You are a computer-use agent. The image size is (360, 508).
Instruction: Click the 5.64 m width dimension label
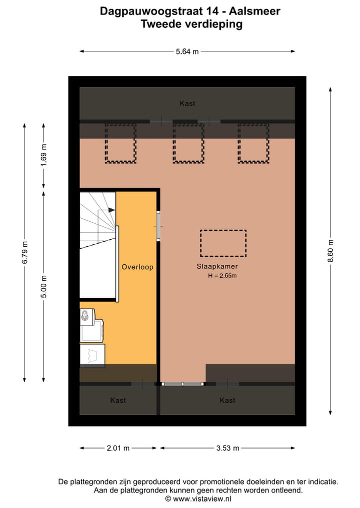tap(187, 51)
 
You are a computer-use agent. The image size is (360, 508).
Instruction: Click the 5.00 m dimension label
tap(43, 287)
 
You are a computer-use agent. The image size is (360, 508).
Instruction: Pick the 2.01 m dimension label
tap(118, 448)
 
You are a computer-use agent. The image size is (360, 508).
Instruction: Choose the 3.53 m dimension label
tap(227, 448)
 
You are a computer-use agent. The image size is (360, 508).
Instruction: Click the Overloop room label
tap(137, 267)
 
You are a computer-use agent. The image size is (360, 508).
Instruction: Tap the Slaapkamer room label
tap(217, 267)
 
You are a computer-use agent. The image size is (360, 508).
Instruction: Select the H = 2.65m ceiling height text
tap(222, 276)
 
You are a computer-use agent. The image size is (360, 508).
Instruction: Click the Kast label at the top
tap(187, 103)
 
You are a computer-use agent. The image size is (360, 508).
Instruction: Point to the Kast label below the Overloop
tap(118, 400)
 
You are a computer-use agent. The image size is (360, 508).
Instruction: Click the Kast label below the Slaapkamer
tap(227, 400)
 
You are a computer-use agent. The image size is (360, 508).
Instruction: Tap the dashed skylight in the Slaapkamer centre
tap(223, 242)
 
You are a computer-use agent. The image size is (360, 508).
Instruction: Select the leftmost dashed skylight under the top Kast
tap(120, 143)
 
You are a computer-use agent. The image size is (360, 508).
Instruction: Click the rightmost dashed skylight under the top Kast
tap(254, 143)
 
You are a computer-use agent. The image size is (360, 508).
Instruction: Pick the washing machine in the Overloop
tap(91, 325)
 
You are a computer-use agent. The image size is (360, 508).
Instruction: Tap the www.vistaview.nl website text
tap(202, 499)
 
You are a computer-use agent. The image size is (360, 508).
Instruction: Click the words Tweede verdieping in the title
tap(191, 23)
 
